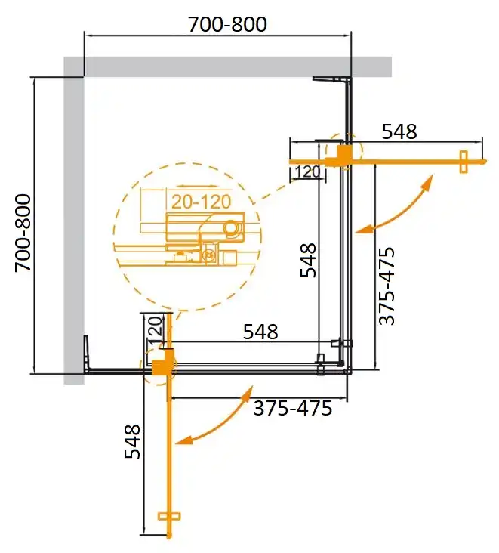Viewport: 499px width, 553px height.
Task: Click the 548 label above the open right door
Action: tap(399, 131)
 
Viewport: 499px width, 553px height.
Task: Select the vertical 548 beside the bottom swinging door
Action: tap(132, 441)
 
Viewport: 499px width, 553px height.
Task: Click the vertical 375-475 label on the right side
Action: tap(387, 286)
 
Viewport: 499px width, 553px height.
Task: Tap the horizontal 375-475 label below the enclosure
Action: tap(292, 409)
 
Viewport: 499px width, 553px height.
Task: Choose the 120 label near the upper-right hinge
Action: tap(307, 171)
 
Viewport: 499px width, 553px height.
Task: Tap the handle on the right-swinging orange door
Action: tap(464, 161)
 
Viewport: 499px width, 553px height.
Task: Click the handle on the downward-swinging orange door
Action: tap(170, 516)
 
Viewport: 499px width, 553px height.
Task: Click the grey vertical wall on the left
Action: tap(73, 227)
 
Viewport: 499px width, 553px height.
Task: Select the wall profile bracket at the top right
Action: tap(332, 79)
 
